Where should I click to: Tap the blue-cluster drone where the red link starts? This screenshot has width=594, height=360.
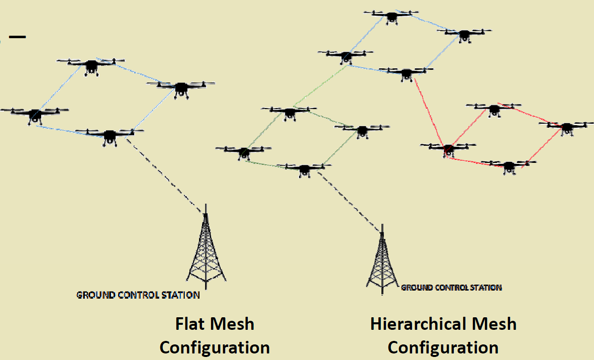pyautogui.click(x=406, y=73)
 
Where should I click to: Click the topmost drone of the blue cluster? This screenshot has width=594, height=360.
pyautogui.click(x=391, y=16)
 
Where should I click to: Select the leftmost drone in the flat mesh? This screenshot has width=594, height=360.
pyautogui.click(x=35, y=114)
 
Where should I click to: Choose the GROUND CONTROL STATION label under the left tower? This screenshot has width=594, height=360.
pyautogui.click(x=138, y=295)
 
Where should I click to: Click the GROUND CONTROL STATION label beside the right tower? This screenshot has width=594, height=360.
pyautogui.click(x=451, y=288)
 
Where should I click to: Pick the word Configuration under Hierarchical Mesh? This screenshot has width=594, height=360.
pyautogui.click(x=443, y=347)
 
